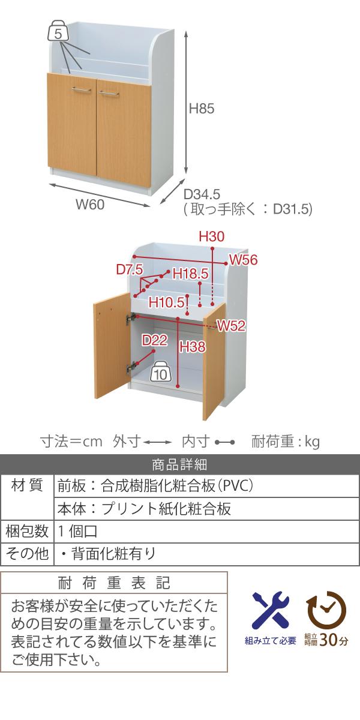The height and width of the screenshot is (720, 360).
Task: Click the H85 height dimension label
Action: click(201, 109)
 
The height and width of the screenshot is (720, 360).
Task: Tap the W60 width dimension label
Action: click(90, 205)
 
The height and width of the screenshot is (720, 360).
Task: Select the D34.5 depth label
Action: click(202, 194)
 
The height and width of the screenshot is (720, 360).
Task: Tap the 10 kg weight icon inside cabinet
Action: click(161, 371)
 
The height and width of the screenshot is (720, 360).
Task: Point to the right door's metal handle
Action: click(109, 94)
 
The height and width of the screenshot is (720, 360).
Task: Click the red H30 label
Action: click(211, 236)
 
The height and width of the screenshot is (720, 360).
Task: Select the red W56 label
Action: click(244, 260)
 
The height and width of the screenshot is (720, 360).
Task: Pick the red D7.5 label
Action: click(130, 269)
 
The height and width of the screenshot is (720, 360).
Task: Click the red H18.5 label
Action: click(191, 274)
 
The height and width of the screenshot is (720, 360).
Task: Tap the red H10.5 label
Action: click(167, 302)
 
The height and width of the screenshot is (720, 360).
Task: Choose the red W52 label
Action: click(231, 326)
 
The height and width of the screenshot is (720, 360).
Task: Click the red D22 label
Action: click(154, 340)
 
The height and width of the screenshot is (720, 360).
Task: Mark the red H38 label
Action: click(193, 347)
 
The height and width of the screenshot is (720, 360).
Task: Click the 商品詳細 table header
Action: click(179, 464)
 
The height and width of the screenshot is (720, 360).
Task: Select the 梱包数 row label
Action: click(26, 531)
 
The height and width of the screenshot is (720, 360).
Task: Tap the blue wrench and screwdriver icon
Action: click(271, 607)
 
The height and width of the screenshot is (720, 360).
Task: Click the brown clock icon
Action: click(326, 608)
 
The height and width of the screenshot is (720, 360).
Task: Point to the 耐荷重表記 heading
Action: click(114, 583)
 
